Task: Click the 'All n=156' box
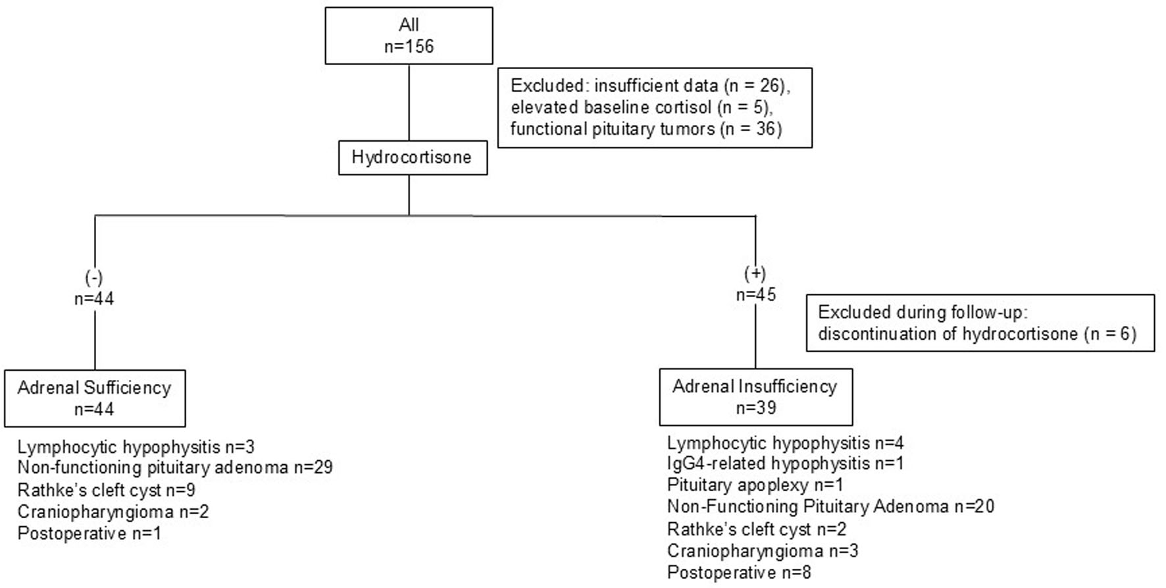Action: (x=409, y=36)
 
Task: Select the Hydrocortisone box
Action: (x=413, y=157)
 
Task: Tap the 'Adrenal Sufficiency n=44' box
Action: (x=95, y=398)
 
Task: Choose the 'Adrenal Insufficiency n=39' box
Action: (x=755, y=396)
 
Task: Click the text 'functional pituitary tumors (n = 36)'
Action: (x=646, y=128)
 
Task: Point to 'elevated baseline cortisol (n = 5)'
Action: (x=642, y=107)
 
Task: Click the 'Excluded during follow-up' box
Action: (x=980, y=323)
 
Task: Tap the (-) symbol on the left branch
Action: (x=94, y=277)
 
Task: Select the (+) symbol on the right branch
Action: (x=755, y=273)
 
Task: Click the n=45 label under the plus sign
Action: (x=755, y=294)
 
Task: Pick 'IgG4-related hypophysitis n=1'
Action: (x=785, y=464)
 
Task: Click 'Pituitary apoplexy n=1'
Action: (x=755, y=485)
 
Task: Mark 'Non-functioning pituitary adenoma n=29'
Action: (x=175, y=468)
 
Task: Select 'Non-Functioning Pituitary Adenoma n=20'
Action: (x=830, y=507)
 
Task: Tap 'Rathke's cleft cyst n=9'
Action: (x=106, y=491)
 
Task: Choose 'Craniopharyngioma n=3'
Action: (x=763, y=551)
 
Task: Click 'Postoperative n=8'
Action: (x=739, y=573)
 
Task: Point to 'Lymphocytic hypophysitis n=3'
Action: (x=136, y=447)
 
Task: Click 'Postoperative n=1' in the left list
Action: (x=89, y=533)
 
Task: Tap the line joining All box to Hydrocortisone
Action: (x=409, y=102)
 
